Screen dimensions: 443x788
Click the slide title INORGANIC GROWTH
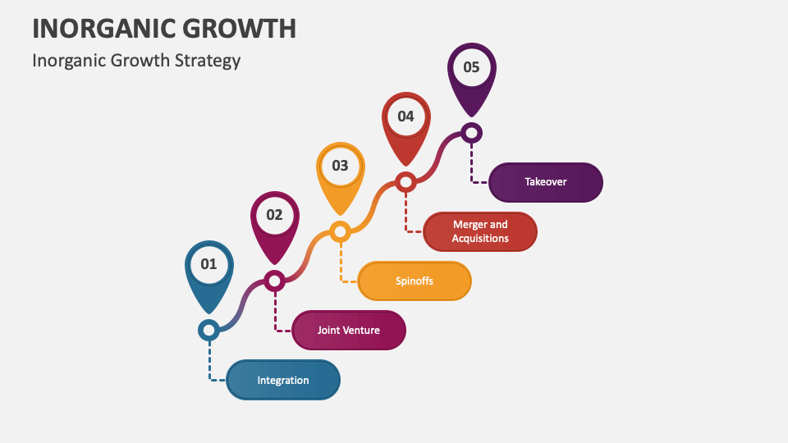(x=164, y=28)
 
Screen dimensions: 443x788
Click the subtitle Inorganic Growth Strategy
(x=136, y=60)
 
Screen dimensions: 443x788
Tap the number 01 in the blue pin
(x=208, y=264)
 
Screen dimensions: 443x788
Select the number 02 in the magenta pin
(x=274, y=215)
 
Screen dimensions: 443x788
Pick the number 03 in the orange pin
(x=340, y=166)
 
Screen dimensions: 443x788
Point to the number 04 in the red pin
(x=405, y=116)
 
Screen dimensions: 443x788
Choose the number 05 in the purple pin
(x=471, y=67)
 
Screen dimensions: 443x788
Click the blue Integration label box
(x=283, y=380)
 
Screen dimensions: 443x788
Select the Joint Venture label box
(x=349, y=330)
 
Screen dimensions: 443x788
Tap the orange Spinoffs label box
(x=415, y=281)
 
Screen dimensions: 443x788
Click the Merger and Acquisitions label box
(x=480, y=231)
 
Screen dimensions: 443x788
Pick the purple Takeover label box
(x=546, y=182)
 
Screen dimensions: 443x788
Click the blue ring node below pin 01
(x=208, y=330)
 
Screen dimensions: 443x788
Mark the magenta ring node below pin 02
(x=274, y=281)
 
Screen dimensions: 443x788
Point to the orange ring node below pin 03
(x=340, y=231)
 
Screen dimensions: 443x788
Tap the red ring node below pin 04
(x=405, y=182)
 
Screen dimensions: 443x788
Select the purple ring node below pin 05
(x=471, y=132)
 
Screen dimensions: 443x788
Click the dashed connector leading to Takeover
(x=472, y=164)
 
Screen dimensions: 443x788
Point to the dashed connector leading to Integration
(x=209, y=361)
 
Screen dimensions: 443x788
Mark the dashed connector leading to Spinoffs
(x=341, y=263)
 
